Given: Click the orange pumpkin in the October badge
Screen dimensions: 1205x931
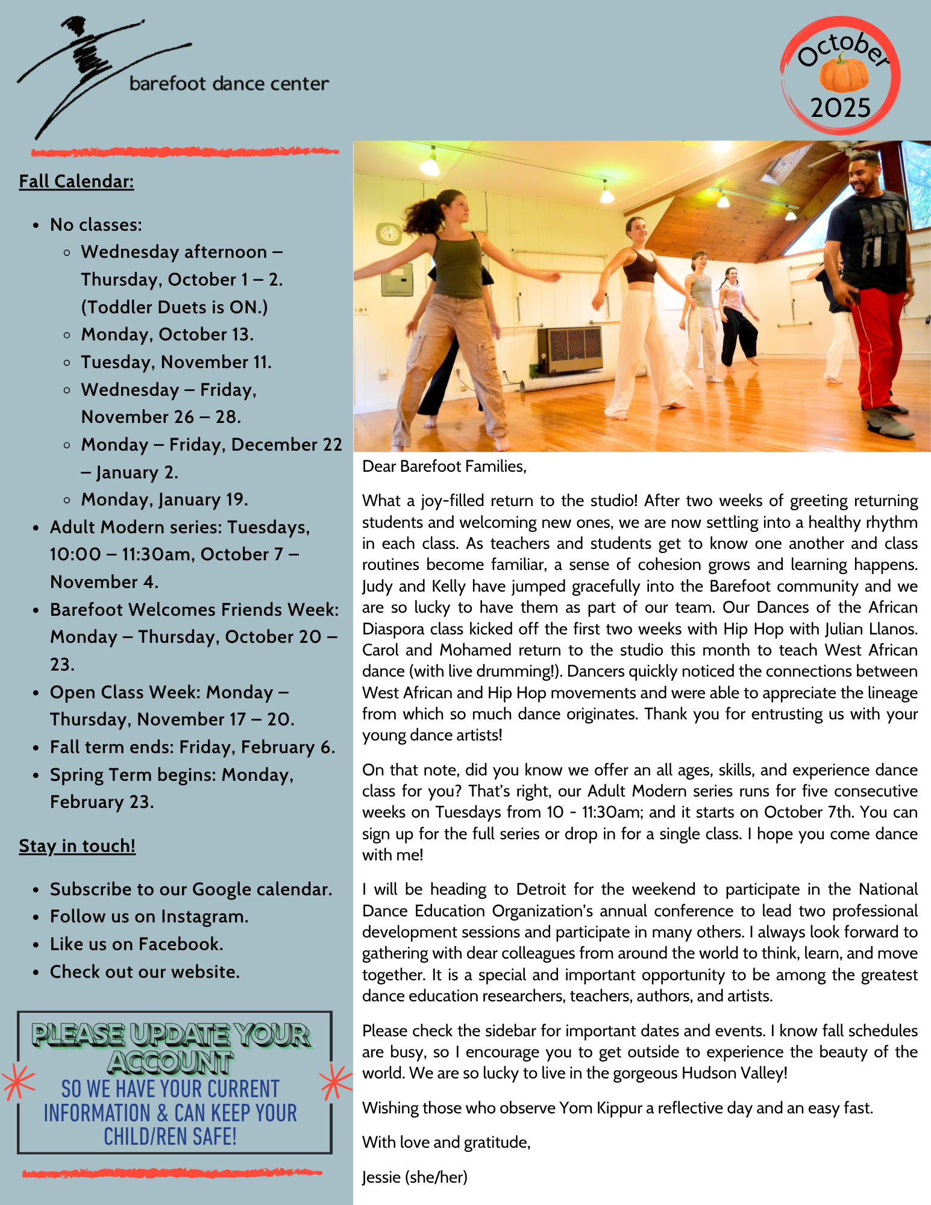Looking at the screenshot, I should coord(843,74).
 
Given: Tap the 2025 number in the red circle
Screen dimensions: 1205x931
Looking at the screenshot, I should coord(841,108).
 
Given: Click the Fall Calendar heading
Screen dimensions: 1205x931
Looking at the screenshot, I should coord(77,181).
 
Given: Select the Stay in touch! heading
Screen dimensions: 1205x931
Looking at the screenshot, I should coord(77,846).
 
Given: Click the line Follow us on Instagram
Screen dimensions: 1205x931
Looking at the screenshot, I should coord(149,916).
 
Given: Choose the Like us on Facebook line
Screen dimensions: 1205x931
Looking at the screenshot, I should coord(136,944).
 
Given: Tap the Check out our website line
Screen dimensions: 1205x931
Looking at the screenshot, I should coord(145,972).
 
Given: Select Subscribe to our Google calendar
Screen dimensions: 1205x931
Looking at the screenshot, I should coord(190,889).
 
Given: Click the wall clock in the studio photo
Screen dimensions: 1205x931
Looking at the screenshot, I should coord(389,233).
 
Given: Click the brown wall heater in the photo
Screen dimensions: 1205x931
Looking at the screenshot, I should coord(569,351).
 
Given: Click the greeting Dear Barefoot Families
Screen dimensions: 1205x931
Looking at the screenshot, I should coord(444,466).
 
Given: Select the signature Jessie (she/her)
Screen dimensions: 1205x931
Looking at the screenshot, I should coord(415,1177).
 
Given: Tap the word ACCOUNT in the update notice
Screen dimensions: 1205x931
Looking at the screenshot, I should coord(171,1063).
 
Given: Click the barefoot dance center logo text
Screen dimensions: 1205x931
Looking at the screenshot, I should coord(229,84).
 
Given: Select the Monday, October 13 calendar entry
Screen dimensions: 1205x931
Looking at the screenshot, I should coord(167,334).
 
